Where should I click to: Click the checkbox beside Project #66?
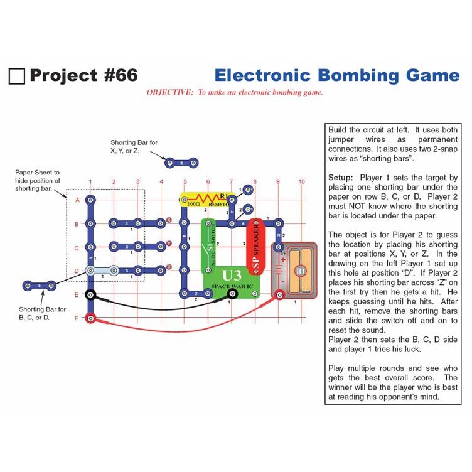point(17,77)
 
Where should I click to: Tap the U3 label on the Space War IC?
point(232,275)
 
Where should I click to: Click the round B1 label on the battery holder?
point(299,271)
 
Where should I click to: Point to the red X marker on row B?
point(169,220)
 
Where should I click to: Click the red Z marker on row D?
point(169,267)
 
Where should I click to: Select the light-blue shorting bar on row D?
point(102,271)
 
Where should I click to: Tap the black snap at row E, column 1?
point(91,295)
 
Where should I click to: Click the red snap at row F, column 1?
point(91,318)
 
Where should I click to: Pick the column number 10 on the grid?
point(301,182)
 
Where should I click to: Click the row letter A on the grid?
point(77,200)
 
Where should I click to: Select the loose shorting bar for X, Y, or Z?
point(181,163)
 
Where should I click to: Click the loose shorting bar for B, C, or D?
point(39,286)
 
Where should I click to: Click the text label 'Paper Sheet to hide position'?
point(38,176)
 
